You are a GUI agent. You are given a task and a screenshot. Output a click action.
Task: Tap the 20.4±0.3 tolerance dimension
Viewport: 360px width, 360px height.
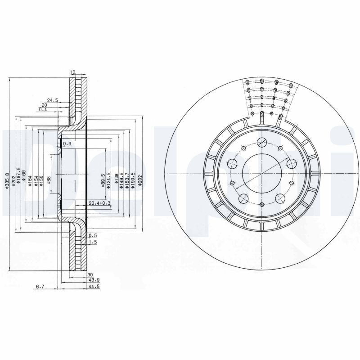pyautogui.click(x=99, y=203)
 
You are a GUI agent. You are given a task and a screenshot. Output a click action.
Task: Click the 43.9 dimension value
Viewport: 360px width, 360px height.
pyautogui.click(x=93, y=279)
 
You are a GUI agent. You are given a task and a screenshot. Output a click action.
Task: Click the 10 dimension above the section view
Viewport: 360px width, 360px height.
pyautogui.click(x=73, y=72)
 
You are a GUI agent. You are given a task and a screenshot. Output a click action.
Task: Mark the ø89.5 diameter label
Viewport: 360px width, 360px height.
pyautogui.click(x=103, y=180)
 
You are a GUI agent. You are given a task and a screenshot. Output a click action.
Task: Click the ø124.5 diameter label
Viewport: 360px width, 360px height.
pyautogui.click(x=109, y=180)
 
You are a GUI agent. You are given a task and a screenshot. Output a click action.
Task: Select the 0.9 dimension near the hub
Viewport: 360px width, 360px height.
pyautogui.click(x=67, y=144)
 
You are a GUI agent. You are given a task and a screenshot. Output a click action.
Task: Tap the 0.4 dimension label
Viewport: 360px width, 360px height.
pyautogui.click(x=43, y=110)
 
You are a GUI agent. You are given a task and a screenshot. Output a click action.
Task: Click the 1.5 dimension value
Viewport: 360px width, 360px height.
pyautogui.click(x=93, y=242)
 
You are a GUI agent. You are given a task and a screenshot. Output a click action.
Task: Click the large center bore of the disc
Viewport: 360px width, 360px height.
pyautogui.click(x=261, y=173)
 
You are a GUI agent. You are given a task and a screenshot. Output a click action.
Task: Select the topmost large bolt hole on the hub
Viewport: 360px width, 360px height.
pyautogui.click(x=261, y=143)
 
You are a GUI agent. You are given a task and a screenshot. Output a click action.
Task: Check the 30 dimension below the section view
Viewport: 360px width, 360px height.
pyautogui.click(x=90, y=274)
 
